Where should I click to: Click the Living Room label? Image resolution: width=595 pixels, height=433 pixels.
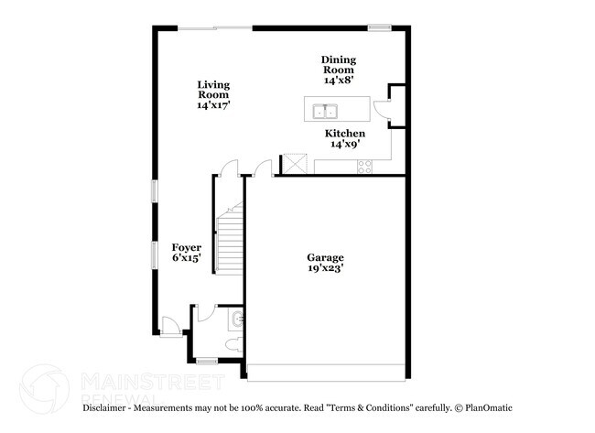pyautogui.click(x=213, y=95)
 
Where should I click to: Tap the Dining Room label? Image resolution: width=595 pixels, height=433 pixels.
pyautogui.click(x=338, y=70)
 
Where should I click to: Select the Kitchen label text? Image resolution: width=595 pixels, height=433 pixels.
pyautogui.click(x=345, y=138)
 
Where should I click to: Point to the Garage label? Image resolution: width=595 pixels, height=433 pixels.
pyautogui.click(x=325, y=265)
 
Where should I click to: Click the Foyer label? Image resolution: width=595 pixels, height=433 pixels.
pyautogui.click(x=187, y=253)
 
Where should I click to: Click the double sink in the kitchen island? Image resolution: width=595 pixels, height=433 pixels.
pyautogui.click(x=325, y=112)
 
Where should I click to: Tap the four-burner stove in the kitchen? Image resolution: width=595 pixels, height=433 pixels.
pyautogui.click(x=364, y=167)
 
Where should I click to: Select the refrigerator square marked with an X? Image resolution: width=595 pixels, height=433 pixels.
pyautogui.click(x=294, y=164)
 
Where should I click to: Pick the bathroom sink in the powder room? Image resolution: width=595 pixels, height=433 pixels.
pyautogui.click(x=237, y=319)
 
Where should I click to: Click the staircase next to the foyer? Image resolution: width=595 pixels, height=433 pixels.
pyautogui.click(x=229, y=241)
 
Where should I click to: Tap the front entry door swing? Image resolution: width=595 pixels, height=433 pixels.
pyautogui.click(x=168, y=323)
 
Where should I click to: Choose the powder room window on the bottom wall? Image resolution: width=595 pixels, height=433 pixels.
pyautogui.click(x=208, y=361)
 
